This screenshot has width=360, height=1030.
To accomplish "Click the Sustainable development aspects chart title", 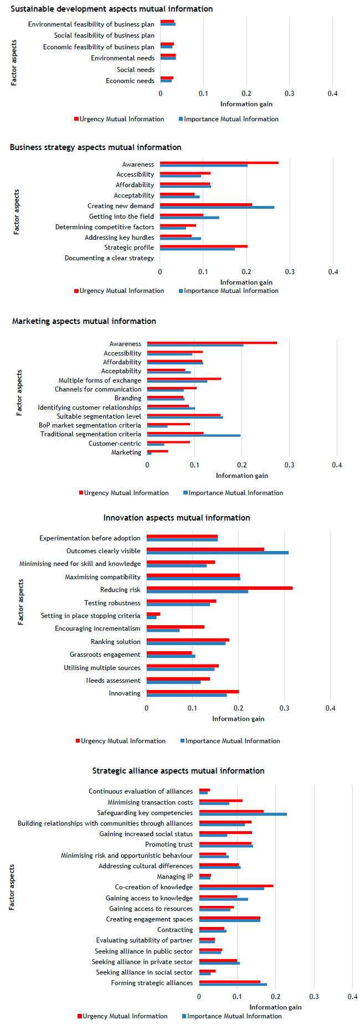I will pyautogui.click(x=111, y=9).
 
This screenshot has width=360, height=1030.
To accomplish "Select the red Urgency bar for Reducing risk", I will pyautogui.click(x=219, y=588).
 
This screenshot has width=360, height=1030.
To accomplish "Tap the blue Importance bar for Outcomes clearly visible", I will pyautogui.click(x=217, y=553).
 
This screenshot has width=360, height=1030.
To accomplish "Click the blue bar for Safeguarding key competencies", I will pyautogui.click(x=243, y=814).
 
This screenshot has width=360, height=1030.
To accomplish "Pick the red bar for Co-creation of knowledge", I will pyautogui.click(x=236, y=885).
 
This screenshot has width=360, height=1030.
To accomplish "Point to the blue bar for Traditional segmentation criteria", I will pyautogui.click(x=193, y=435).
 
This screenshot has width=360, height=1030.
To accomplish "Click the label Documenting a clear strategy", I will pyautogui.click(x=109, y=258).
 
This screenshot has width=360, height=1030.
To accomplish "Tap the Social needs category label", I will pyautogui.click(x=136, y=70).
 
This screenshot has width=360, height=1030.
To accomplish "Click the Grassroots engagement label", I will pyautogui.click(x=105, y=655).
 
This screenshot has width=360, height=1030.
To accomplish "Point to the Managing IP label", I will pyautogui.click(x=174, y=877).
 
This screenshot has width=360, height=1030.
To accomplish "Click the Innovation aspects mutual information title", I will pyautogui.click(x=177, y=518).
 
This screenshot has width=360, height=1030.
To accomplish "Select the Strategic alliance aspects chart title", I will pyautogui.click(x=178, y=771).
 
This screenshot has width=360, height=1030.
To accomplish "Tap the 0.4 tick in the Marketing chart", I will pyautogui.click(x=337, y=465).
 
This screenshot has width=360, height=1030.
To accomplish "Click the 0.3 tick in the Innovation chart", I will pyautogui.click(x=285, y=708).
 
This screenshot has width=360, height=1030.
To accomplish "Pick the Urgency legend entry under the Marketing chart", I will pyautogui.click(x=124, y=493).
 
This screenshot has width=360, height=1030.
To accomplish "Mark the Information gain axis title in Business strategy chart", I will pyautogui.click(x=246, y=282).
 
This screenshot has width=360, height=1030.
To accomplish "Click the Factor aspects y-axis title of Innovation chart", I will pyautogui.click(x=21, y=602).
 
